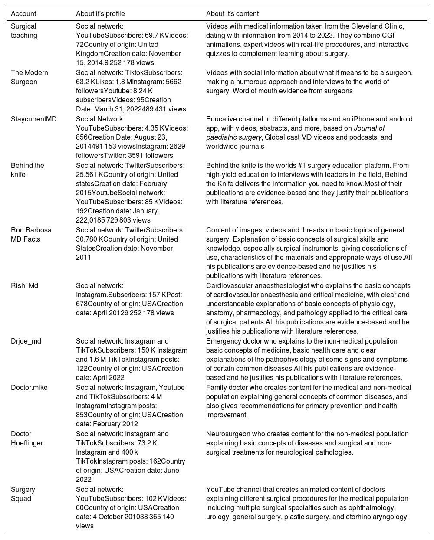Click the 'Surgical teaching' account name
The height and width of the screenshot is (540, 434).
24,31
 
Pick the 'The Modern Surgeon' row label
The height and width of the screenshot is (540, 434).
29,77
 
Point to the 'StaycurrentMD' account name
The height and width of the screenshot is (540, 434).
33,119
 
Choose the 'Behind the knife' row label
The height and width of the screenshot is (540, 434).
27,170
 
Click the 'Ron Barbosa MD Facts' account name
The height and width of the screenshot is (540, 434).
31,235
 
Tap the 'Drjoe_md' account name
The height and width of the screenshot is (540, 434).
26,341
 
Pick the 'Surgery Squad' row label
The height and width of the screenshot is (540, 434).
23,494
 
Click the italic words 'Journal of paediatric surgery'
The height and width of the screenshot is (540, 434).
295,133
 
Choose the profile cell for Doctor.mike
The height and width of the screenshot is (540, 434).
130,406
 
